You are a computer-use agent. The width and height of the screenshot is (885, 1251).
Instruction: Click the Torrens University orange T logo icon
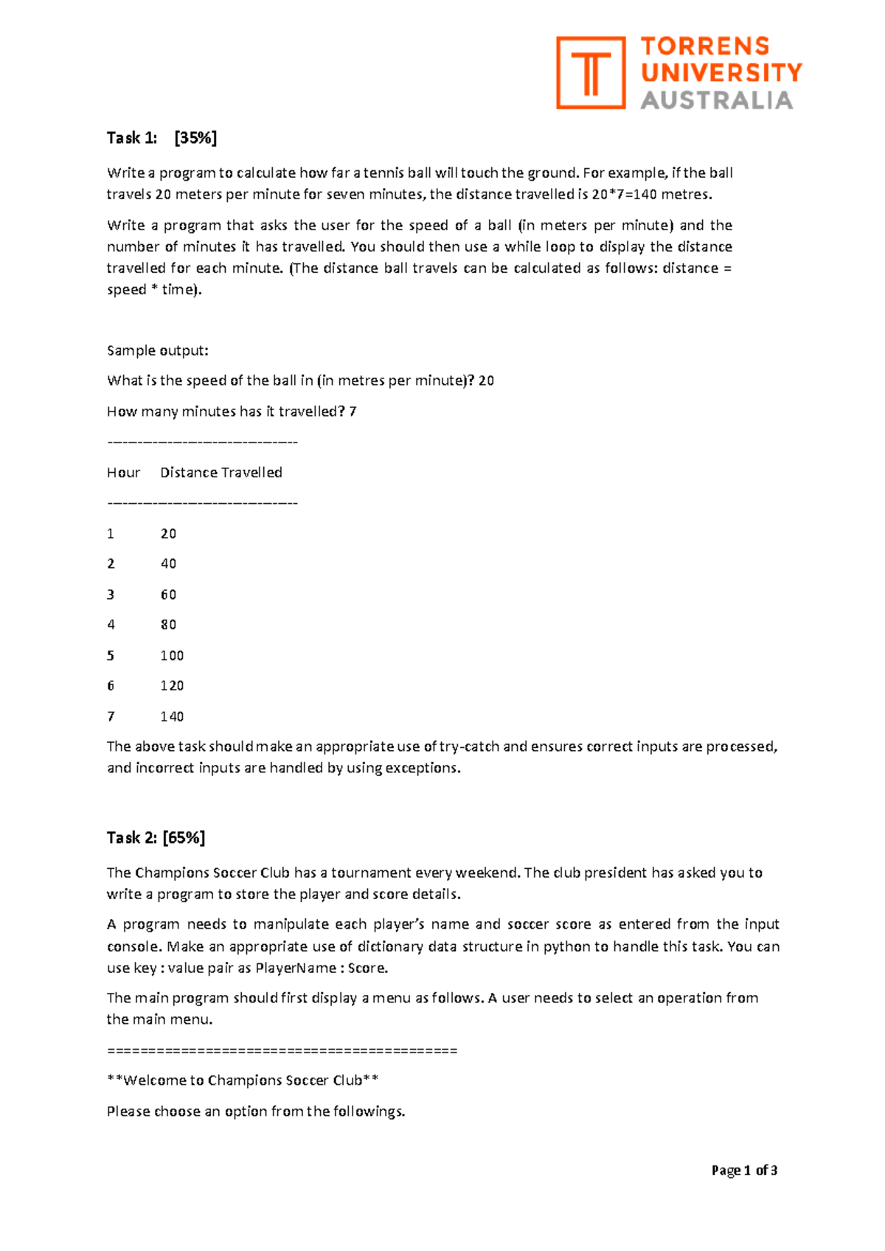click(590, 73)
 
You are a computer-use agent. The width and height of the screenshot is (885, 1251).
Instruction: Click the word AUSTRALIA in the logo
click(716, 100)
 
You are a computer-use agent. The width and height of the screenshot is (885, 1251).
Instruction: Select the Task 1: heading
click(132, 138)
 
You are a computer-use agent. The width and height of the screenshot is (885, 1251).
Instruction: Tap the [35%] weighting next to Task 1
click(195, 138)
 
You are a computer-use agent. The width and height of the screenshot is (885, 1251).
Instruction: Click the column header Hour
click(123, 473)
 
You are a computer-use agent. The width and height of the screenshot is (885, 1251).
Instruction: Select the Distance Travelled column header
click(221, 473)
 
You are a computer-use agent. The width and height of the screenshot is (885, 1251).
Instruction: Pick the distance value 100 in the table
click(172, 656)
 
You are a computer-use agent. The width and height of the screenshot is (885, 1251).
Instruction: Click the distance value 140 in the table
click(172, 717)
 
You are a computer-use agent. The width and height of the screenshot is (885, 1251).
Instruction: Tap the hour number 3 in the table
click(111, 595)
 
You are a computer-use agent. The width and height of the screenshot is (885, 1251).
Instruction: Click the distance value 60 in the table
click(168, 595)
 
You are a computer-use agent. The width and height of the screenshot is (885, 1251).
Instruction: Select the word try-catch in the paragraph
click(469, 746)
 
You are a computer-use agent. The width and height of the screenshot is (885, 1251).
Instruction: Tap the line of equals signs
click(282, 1050)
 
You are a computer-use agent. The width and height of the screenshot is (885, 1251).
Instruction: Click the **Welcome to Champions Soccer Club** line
click(243, 1081)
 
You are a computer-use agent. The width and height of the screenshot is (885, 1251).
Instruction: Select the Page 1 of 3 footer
click(744, 1170)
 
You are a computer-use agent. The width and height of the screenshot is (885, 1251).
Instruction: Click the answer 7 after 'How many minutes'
click(353, 412)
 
